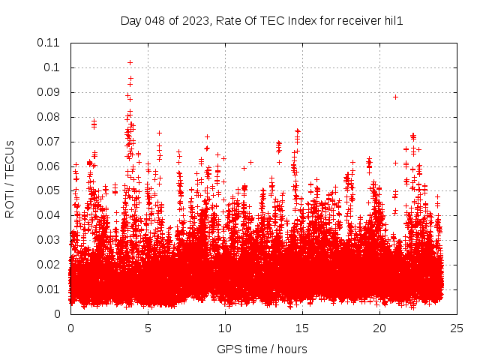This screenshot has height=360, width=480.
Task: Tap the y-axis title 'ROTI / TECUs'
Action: tap(10, 178)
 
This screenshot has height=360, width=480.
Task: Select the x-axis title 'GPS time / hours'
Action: tap(262, 349)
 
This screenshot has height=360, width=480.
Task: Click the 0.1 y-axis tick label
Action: tap(52, 67)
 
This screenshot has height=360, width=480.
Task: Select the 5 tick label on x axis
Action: tap(148, 328)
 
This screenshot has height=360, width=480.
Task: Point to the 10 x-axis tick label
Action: tap(225, 328)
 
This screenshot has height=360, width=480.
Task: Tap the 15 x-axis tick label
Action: tap(302, 328)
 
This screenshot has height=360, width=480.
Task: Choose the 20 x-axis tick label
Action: tap(379, 328)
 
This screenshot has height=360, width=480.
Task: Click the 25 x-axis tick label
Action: tap(457, 328)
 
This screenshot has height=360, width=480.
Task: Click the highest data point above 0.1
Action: tap(130, 62)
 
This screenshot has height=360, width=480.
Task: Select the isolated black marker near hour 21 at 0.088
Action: tap(395, 97)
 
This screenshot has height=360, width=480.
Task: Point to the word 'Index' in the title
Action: tap(296, 21)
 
